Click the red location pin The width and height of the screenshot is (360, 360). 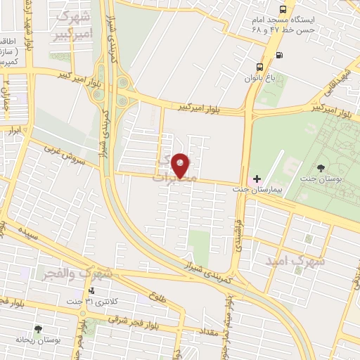(181, 165)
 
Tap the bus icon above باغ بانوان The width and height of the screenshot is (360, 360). (259, 68)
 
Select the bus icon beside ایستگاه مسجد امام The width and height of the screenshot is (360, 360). (282, 9)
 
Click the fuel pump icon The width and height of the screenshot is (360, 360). (280, 55)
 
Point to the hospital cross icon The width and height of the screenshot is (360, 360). (257, 179)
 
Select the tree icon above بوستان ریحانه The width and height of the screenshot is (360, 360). (38, 328)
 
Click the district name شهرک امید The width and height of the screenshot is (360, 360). (296, 260)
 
